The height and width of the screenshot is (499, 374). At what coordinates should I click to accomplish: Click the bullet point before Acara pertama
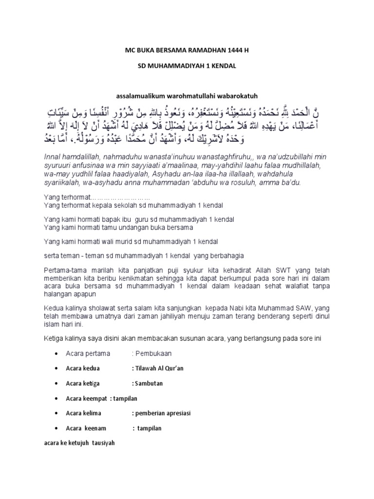click(58, 353)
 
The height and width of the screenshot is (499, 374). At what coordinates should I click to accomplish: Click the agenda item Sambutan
click(149, 383)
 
